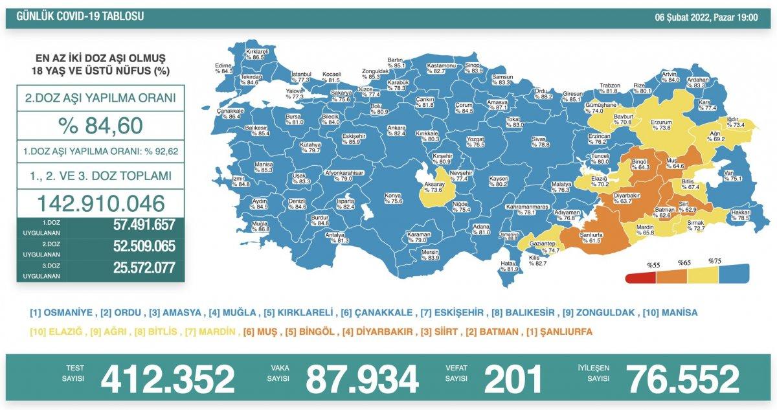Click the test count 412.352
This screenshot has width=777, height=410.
(167, 380)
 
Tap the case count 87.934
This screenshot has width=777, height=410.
(362, 380)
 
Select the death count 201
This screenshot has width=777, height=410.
(513, 380)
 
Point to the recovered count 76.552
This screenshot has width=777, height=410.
(682, 380)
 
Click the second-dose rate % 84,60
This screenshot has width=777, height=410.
(100, 126)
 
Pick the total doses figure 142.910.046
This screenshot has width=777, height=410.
(100, 203)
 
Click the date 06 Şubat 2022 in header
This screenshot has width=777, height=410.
(686, 17)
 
